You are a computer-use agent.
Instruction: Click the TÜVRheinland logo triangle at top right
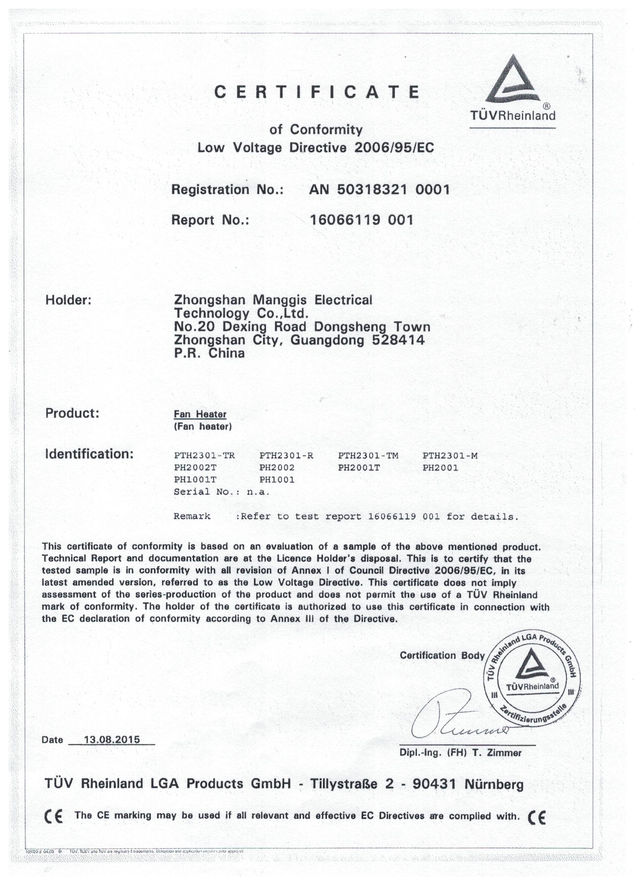[x=512, y=80]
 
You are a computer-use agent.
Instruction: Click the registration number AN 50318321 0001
[x=379, y=190]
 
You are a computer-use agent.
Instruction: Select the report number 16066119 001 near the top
[x=361, y=220]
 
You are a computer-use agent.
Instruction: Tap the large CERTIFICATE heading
[x=317, y=92]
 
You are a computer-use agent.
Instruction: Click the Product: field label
[x=72, y=413]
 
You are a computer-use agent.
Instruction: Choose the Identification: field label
[x=89, y=454]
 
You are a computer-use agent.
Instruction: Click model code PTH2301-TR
[x=204, y=456]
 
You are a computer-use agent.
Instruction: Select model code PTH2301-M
[x=450, y=456]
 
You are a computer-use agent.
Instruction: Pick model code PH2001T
[x=358, y=468]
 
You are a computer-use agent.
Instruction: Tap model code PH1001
[x=277, y=480]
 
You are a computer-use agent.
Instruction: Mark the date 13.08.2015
[x=112, y=740]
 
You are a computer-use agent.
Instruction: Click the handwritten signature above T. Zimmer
[x=453, y=719]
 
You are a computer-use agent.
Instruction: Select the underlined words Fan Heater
[x=200, y=414]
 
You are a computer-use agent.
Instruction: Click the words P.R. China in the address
[x=209, y=354]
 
